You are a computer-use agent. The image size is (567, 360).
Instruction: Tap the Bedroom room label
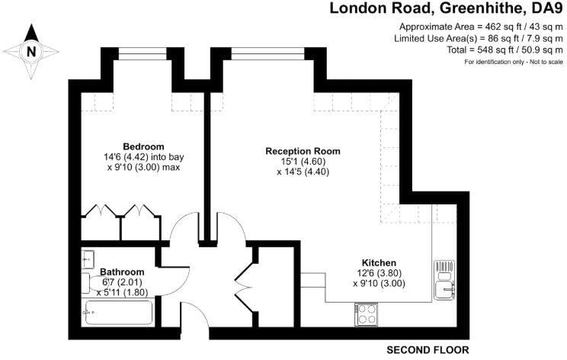[143, 146]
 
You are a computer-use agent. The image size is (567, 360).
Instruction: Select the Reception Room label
[303, 151]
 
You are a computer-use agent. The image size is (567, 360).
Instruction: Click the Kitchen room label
[379, 262]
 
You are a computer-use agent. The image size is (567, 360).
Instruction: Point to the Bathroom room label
[122, 272]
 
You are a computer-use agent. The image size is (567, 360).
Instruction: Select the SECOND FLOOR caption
[427, 350]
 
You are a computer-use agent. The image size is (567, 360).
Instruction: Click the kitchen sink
[444, 289]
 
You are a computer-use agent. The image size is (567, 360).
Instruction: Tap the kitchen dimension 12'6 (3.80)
[378, 273]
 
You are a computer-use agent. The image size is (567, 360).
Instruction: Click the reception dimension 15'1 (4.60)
[303, 162]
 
